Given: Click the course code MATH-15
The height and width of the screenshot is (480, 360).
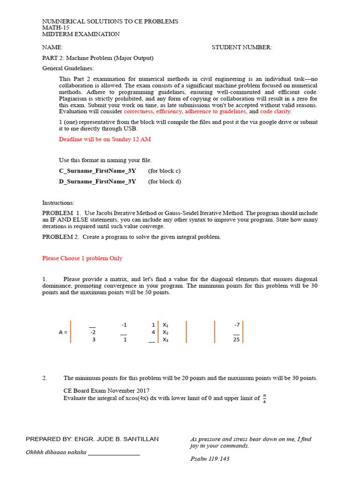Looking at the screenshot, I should pos(55,28).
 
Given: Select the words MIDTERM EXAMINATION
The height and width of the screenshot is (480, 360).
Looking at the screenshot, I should pos(81,34).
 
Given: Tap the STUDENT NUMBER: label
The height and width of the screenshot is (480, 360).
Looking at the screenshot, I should pos(241,47).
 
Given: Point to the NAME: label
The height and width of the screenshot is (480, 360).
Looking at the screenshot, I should pos(52,47).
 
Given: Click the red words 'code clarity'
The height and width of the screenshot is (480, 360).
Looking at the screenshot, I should pos(275,112).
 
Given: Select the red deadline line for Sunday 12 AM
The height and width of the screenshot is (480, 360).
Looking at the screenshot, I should pos(105,139).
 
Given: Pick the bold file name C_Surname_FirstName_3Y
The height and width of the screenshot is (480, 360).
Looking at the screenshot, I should pos(97,171).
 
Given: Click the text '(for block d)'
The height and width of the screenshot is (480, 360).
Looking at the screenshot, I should pos(165,181).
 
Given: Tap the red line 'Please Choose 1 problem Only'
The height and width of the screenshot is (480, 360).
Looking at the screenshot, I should pos(82,258).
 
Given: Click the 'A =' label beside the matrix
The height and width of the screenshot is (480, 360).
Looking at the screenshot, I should pos(63,332).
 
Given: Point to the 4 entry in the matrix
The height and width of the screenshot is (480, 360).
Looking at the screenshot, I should pos(153,332).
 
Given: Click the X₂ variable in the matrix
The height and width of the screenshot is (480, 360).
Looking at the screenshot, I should pos(165,332).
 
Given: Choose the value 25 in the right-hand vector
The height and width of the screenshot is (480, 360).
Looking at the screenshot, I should pos(236,340).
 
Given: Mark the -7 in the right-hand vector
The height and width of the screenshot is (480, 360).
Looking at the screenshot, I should pos(237,324).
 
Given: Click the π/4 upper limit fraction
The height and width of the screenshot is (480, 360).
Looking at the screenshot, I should pos(264,398).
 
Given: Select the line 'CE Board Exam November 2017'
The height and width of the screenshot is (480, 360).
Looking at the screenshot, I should pos(107,390).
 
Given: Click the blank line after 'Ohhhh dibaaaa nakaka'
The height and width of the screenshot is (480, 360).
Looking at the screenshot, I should pos(114,453).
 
